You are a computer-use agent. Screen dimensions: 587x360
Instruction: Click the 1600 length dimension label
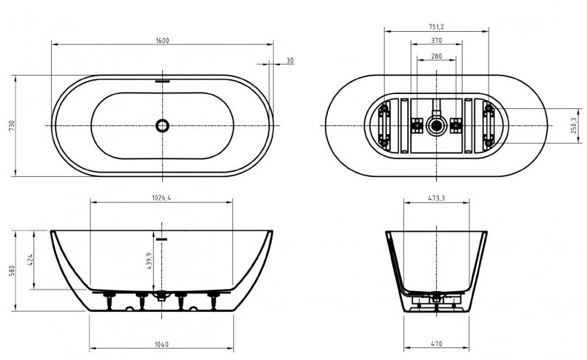(162, 41)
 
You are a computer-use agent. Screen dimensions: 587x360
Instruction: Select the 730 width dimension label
(12, 125)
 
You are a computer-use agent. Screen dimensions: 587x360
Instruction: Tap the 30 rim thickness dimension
(290, 61)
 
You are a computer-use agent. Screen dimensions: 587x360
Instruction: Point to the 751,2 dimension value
(436, 27)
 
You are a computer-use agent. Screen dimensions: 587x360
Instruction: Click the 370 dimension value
(437, 41)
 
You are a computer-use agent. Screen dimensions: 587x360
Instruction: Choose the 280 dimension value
(437, 56)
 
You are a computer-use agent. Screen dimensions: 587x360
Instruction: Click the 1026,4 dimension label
(161, 198)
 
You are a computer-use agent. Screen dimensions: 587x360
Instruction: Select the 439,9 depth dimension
(150, 261)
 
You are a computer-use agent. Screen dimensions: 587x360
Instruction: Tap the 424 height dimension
(30, 260)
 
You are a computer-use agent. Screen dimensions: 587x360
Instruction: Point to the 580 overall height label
(12, 271)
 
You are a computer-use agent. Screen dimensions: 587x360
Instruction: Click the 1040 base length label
(161, 344)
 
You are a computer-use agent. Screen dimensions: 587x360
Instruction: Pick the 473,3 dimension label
(437, 198)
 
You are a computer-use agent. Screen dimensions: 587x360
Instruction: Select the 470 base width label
(437, 344)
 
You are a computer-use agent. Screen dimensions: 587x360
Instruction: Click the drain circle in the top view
(162, 125)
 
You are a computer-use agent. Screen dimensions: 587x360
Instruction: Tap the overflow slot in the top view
(162, 81)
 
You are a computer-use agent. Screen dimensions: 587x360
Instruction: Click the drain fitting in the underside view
(437, 125)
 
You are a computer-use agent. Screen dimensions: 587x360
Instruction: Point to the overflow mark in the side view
(161, 239)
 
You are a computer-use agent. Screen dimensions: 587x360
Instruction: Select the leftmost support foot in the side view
(109, 301)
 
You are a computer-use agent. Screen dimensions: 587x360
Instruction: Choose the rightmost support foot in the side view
(214, 301)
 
